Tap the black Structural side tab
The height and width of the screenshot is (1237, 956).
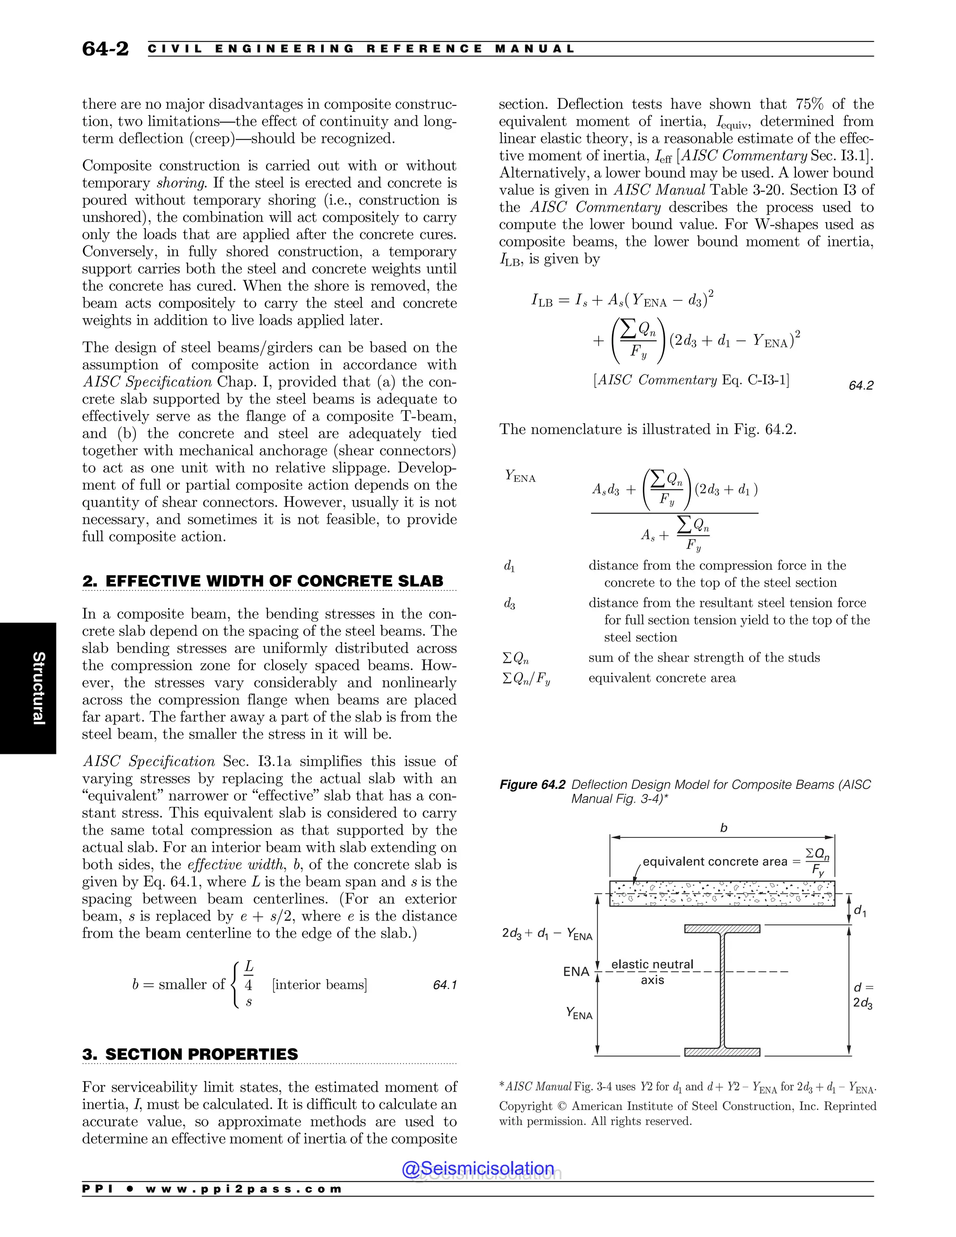pyautogui.click(x=28, y=688)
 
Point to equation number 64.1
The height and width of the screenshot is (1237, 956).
pyautogui.click(x=444, y=985)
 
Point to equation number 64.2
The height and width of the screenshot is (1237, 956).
pyautogui.click(x=861, y=386)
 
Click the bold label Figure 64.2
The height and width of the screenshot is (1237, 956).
pyautogui.click(x=532, y=785)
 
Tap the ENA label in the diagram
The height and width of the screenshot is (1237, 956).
pyautogui.click(x=576, y=972)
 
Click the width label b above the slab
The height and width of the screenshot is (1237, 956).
pyautogui.click(x=723, y=828)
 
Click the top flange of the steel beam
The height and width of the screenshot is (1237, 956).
pyautogui.click(x=722, y=929)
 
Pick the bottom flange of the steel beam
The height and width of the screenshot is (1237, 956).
pyautogui.click(x=722, y=1052)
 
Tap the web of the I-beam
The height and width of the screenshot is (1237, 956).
pyautogui.click(x=722, y=991)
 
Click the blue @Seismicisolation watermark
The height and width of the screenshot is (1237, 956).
pyautogui.click(x=478, y=1168)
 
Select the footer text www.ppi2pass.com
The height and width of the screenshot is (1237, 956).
pyautogui.click(x=244, y=1189)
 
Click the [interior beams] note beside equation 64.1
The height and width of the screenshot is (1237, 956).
pyautogui.click(x=319, y=985)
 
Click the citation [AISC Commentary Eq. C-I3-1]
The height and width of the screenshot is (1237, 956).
pyautogui.click(x=691, y=380)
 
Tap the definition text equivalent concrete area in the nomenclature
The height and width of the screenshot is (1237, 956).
pyautogui.click(x=662, y=678)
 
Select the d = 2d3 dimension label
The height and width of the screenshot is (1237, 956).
pyautogui.click(x=863, y=996)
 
